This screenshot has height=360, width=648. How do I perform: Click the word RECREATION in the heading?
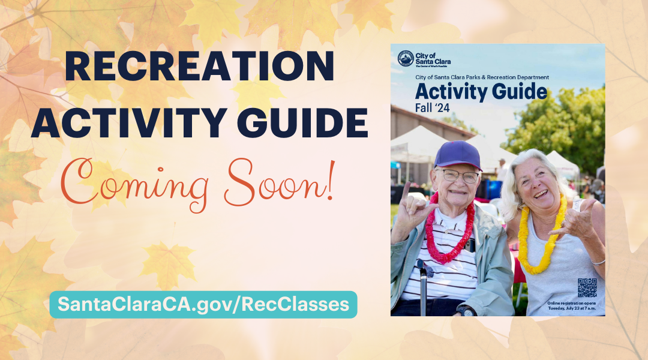[199, 67]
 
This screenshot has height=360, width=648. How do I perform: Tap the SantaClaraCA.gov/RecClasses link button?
[203, 304]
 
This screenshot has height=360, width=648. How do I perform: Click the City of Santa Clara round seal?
[406, 58]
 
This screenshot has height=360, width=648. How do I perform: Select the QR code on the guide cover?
[587, 287]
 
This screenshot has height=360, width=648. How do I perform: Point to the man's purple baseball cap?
[458, 155]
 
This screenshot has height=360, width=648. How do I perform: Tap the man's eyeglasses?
[460, 176]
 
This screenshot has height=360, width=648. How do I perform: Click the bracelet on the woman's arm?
[598, 262]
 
